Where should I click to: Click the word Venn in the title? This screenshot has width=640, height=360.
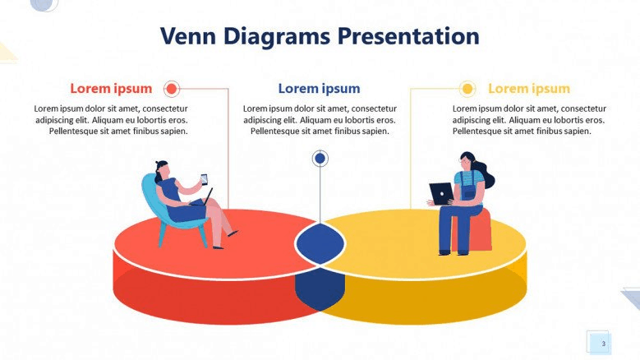[x=188, y=36]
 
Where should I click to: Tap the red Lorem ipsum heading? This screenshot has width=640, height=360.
[x=111, y=89]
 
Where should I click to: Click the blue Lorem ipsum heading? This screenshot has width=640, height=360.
[x=320, y=89]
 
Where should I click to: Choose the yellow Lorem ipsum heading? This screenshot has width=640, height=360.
[x=529, y=89]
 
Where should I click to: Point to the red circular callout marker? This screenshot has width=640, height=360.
[x=172, y=89]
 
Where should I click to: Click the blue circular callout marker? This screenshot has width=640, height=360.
[x=320, y=158]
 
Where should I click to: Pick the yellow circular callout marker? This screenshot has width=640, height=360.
[x=467, y=89]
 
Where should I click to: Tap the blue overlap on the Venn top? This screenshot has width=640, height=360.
[x=320, y=244]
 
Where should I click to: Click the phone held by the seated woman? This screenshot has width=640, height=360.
[x=204, y=179]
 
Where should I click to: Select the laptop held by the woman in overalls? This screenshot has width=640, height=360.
[x=441, y=193]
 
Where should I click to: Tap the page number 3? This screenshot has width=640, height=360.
[x=603, y=344]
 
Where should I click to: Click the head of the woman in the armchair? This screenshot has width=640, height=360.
[x=162, y=170]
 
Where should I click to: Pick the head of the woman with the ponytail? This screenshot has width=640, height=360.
[x=467, y=162]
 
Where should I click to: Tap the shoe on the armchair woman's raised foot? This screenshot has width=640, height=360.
[x=233, y=233]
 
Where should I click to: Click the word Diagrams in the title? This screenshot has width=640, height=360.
[x=277, y=37]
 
